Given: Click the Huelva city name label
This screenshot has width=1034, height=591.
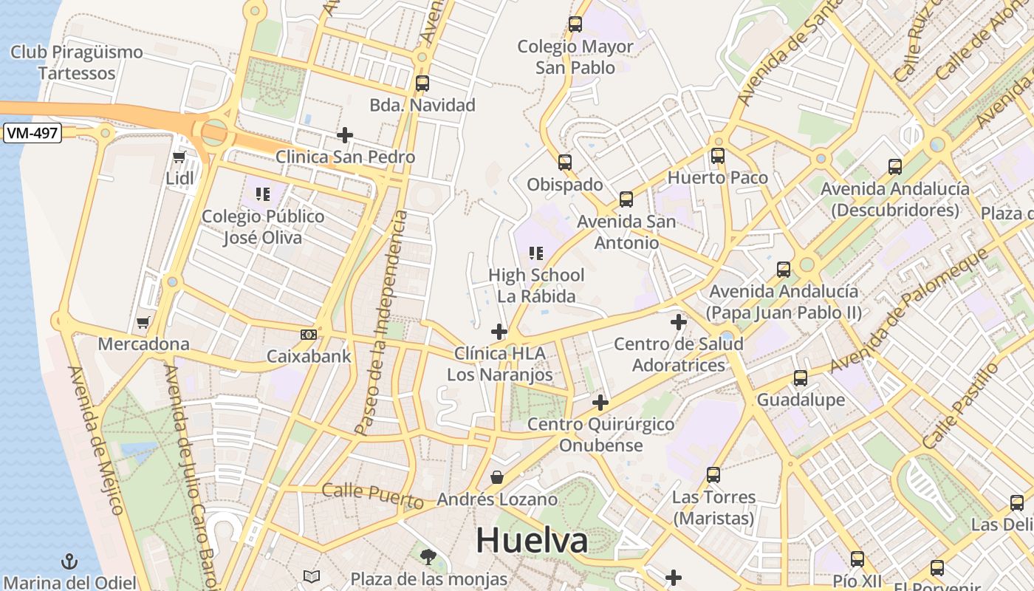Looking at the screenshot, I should (532, 541).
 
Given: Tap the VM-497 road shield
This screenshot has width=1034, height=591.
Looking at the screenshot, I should (32, 133).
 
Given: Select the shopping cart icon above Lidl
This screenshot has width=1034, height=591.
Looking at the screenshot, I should (179, 157).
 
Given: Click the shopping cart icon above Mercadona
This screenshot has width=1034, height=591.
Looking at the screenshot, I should (143, 322).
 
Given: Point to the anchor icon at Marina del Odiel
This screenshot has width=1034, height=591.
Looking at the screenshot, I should (69, 561).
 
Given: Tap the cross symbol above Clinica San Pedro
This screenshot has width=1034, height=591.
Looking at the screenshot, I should (344, 135).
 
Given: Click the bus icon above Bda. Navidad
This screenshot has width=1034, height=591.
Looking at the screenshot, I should (422, 83).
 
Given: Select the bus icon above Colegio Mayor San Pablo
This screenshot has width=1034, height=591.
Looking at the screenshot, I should (575, 24).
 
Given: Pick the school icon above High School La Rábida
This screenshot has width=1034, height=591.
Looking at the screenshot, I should (536, 254).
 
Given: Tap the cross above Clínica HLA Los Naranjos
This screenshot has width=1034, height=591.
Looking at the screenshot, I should (499, 332).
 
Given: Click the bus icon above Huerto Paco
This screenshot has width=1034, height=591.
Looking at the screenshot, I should (717, 156).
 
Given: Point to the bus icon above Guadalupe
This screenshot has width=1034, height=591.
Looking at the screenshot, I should (800, 378).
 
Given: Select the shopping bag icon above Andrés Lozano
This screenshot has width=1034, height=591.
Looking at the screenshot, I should (497, 477).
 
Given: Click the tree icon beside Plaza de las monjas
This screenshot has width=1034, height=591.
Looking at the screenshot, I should (428, 556).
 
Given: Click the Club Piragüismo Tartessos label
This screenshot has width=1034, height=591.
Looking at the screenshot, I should (77, 63).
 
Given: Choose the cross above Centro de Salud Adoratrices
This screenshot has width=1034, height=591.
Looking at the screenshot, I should (678, 322).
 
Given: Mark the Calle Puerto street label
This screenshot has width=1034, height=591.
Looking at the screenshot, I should (373, 496).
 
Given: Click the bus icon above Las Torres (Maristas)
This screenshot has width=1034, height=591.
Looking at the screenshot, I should (713, 475).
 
